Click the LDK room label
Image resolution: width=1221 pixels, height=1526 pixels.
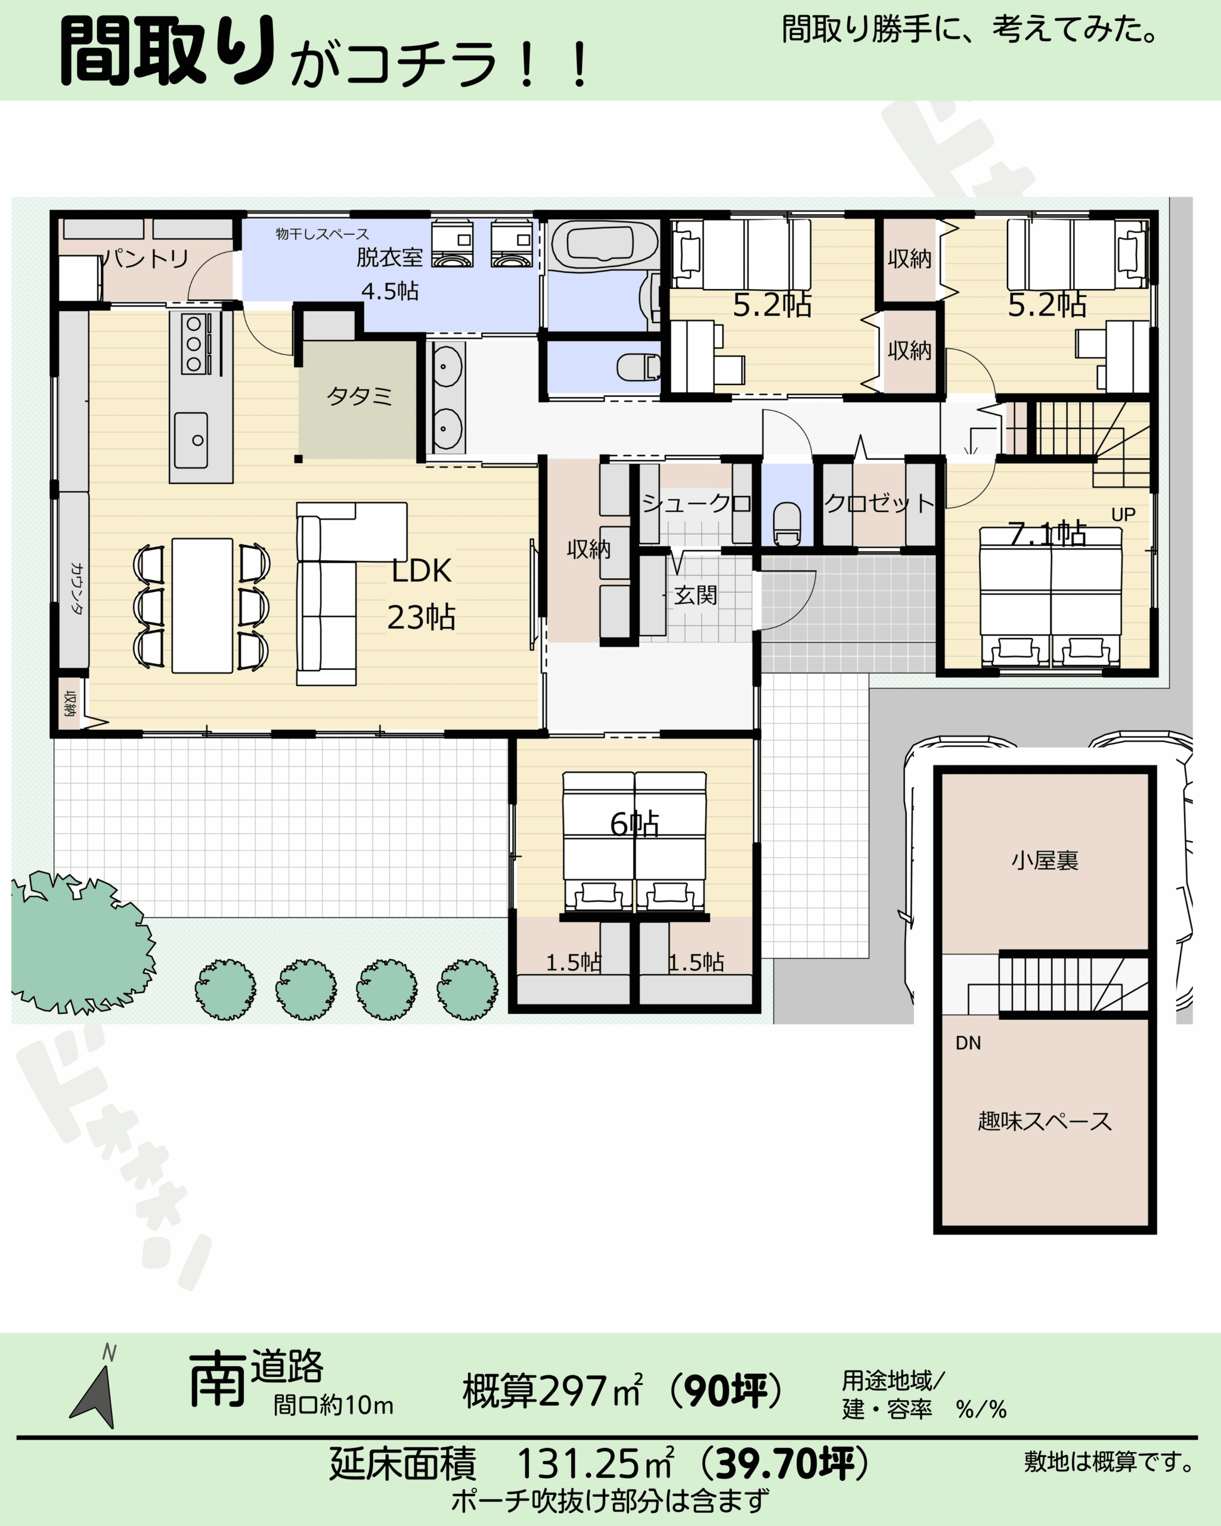421,571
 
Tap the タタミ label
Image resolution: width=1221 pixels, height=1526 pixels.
360,396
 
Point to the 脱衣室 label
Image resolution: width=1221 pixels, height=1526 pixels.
389,257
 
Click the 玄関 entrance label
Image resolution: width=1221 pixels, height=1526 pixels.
695,595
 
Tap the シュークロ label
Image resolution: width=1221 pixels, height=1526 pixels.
696,503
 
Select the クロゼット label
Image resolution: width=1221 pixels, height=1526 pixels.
880,503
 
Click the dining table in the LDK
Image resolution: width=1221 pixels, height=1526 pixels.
203,605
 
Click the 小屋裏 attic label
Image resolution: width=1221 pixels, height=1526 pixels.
1045,861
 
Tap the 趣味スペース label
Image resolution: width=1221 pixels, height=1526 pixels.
1045,1121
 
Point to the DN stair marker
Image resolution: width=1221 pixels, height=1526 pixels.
968,1043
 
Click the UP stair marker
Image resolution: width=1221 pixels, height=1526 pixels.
1123,514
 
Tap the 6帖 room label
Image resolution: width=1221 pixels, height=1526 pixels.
635,824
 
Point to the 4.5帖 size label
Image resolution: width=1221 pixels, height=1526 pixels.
390,291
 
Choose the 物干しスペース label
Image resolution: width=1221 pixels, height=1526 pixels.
323,234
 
